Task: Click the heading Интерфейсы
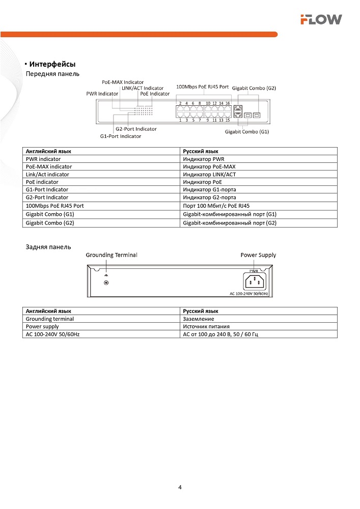(x=52, y=64)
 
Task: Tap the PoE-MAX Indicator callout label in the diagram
(x=123, y=82)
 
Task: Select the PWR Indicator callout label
(x=102, y=94)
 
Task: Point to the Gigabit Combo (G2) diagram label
(x=254, y=88)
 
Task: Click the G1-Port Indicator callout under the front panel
(x=121, y=136)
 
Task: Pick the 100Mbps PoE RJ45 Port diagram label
(x=202, y=87)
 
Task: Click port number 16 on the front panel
(x=228, y=103)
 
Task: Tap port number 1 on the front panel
(x=180, y=120)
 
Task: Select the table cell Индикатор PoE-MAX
(x=209, y=166)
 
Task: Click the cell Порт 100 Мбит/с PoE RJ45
(x=216, y=205)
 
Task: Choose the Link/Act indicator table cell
(x=47, y=174)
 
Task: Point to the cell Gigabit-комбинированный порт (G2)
(x=230, y=223)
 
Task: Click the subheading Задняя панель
(x=48, y=247)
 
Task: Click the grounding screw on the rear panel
(x=106, y=282)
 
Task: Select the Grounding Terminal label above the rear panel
(x=111, y=254)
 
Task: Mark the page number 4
(x=180, y=487)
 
